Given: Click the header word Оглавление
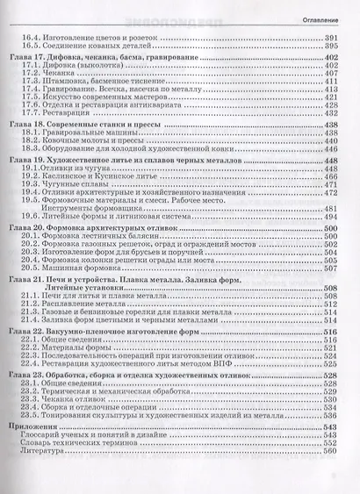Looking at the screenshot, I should (x=322, y=17).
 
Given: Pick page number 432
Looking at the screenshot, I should (x=331, y=112).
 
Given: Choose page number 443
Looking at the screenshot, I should (x=331, y=149).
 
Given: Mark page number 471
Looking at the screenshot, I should (x=331, y=186).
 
